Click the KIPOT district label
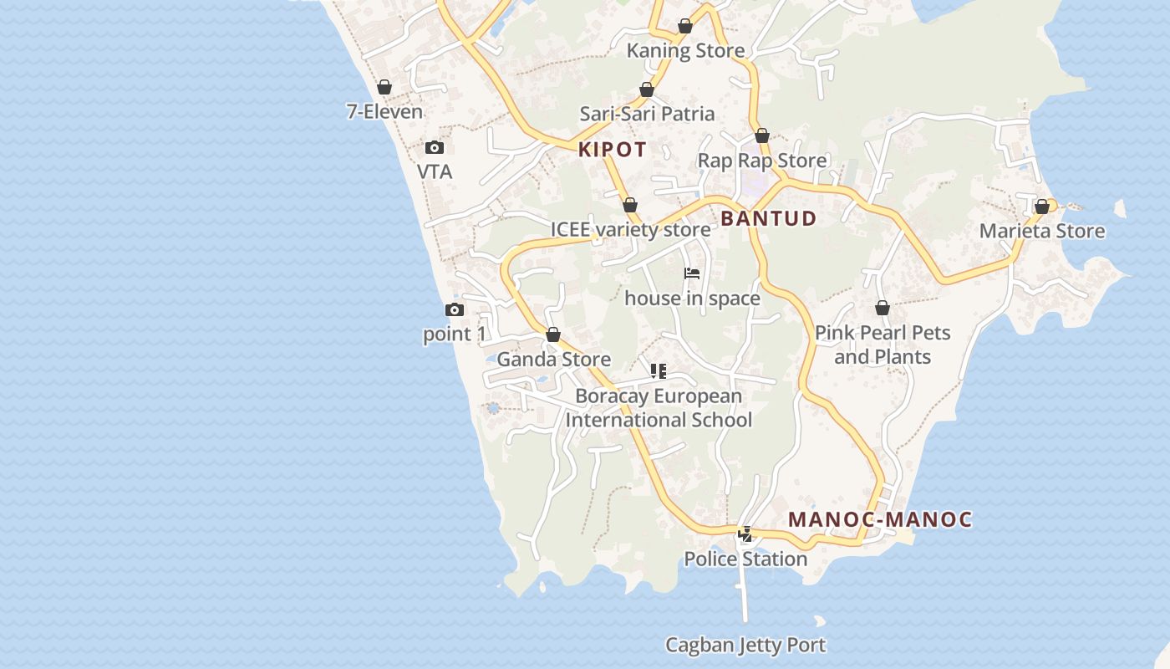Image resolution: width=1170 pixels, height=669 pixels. point(613,150)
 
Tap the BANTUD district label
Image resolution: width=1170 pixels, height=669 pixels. point(768,218)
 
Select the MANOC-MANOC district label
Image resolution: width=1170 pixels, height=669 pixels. point(880,519)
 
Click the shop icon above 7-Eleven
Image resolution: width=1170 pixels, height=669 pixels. point(384,87)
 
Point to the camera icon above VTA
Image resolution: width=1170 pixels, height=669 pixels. point(435,148)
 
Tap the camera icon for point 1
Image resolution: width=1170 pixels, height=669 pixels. point(455,310)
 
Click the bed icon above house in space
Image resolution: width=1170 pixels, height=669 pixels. point(692,273)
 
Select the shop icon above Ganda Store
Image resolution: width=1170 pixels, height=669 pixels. point(553,335)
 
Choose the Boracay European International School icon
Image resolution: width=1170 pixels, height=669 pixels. point(659,371)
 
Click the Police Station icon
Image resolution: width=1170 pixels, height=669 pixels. point(745,534)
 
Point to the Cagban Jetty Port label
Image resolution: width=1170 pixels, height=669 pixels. point(745,645)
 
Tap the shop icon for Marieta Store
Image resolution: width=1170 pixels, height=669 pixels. point(1042,207)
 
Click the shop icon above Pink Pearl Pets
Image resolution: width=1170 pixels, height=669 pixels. point(883,309)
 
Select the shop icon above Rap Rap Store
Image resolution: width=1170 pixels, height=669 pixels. point(762,135)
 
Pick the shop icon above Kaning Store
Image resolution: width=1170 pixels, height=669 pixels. point(685,26)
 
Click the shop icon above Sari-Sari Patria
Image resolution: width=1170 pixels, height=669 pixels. point(647,89)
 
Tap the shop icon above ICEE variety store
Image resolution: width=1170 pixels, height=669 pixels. point(630,205)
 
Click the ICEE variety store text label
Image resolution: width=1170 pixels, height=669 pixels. point(630,229)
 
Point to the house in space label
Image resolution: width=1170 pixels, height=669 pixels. point(692,299)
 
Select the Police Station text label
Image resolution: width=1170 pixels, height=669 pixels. point(745,559)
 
